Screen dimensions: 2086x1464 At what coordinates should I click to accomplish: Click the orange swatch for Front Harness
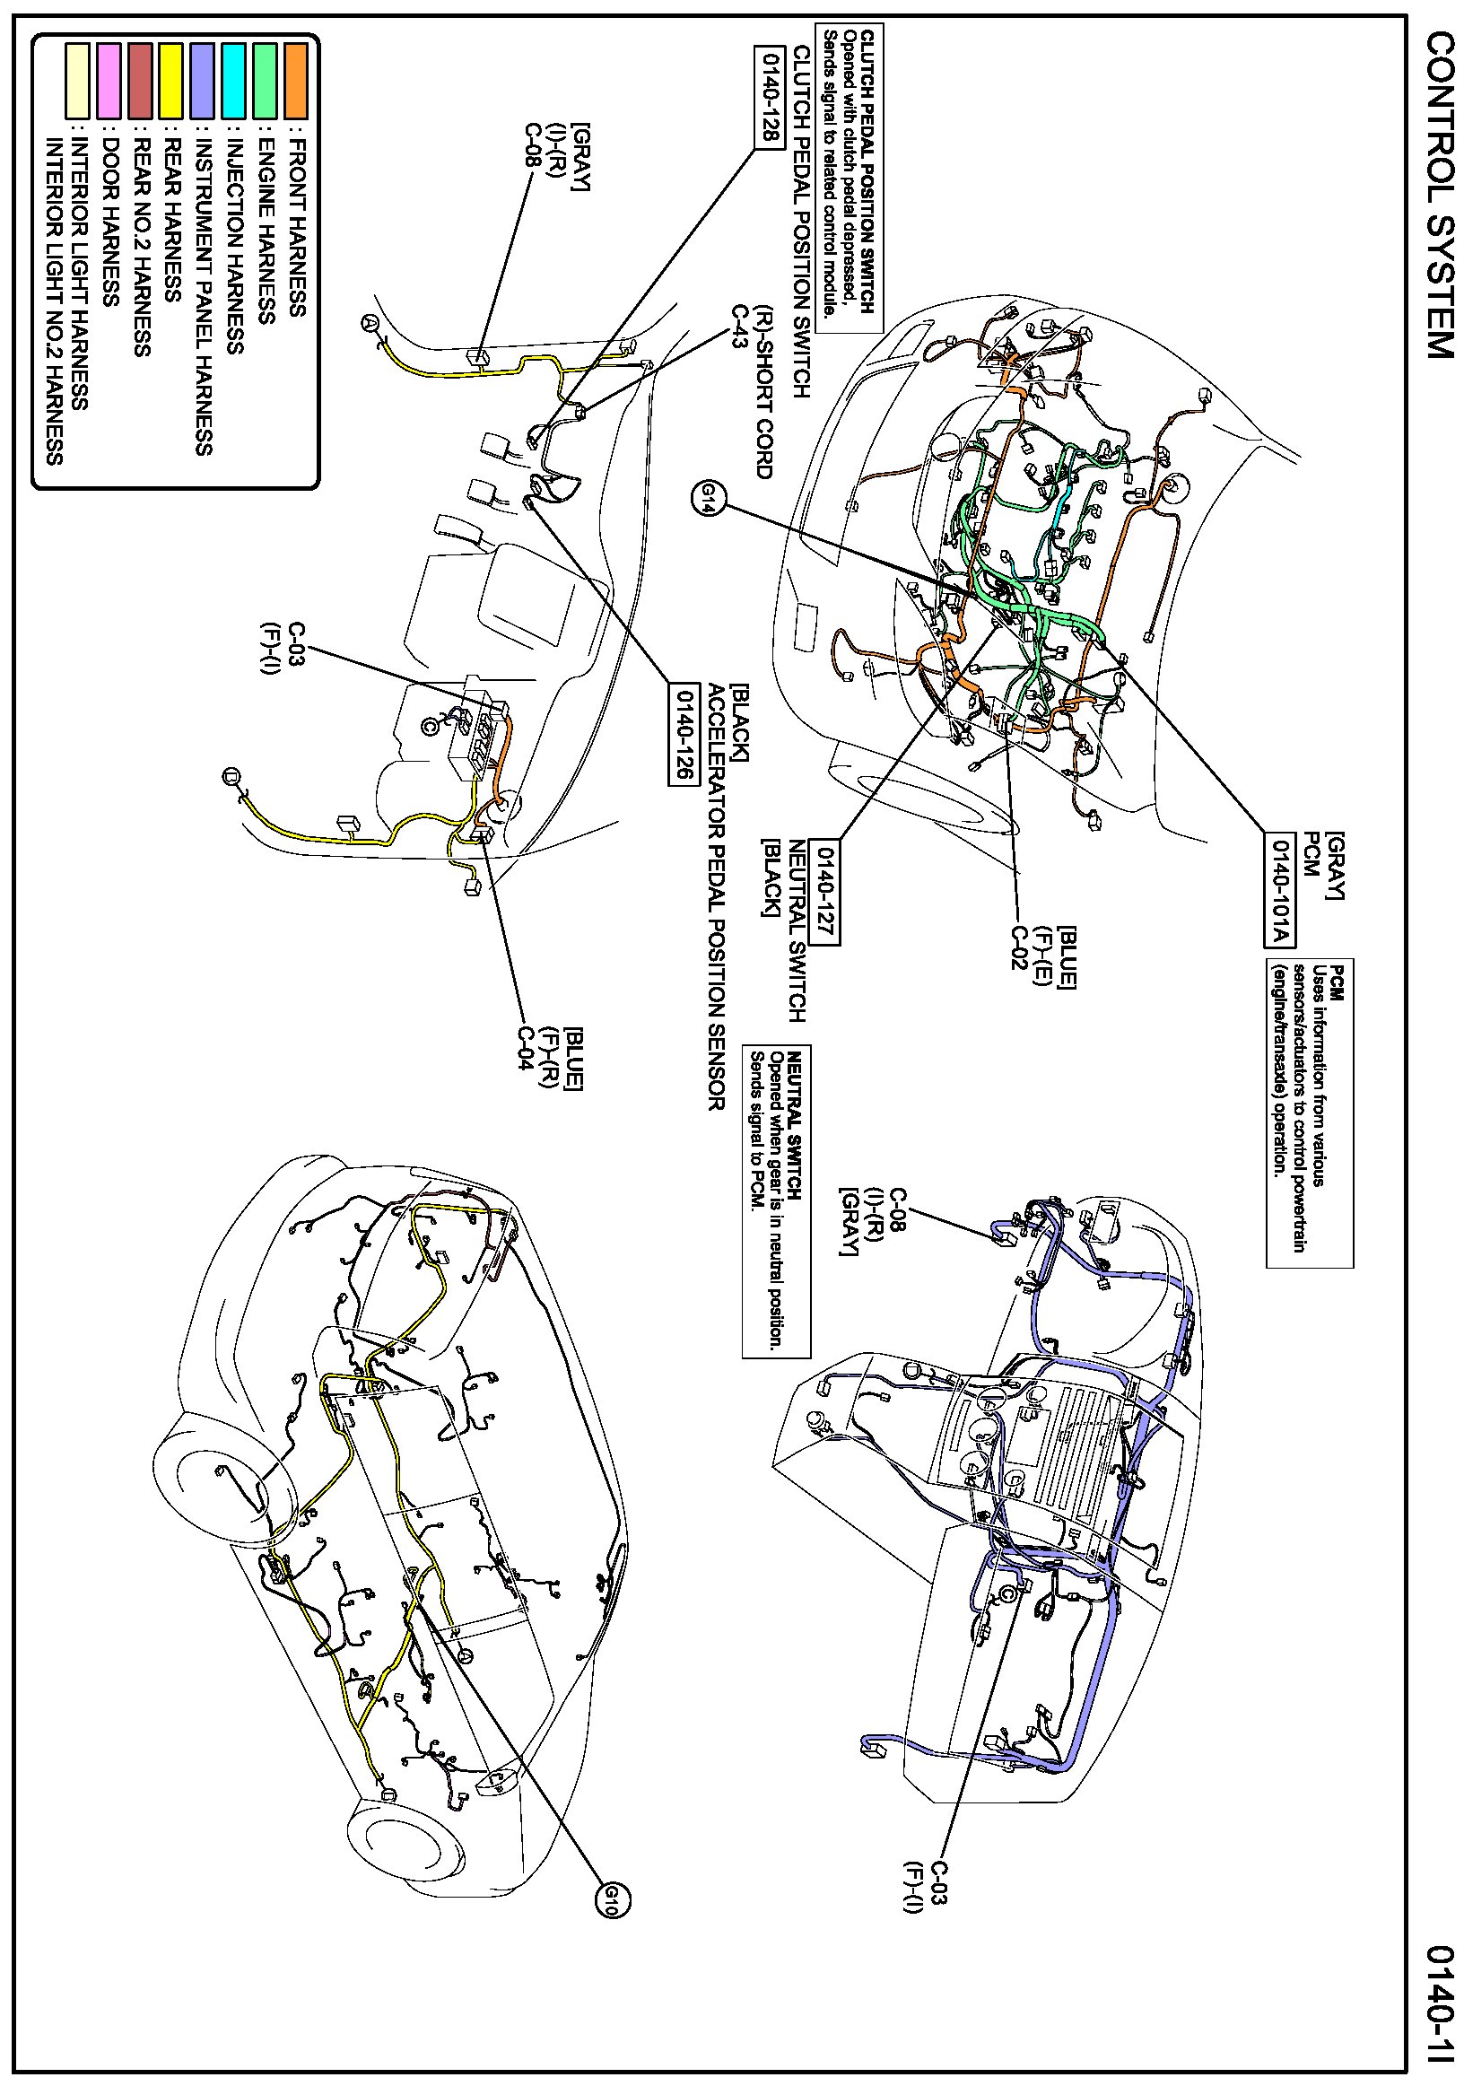click(x=295, y=81)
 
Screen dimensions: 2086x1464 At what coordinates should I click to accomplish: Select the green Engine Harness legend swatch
click(x=265, y=81)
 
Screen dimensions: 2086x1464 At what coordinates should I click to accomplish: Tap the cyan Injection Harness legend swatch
click(x=233, y=81)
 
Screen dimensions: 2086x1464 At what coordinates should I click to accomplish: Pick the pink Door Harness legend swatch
click(x=109, y=81)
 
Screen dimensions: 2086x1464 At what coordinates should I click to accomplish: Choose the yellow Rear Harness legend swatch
click(x=170, y=81)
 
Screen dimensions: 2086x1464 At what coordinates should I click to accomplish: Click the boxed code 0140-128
click(x=768, y=95)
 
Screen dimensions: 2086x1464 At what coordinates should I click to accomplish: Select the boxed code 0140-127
click(x=823, y=891)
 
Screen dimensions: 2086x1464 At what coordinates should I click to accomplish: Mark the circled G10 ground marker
click(x=611, y=1898)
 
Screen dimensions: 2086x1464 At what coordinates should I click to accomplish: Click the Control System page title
click(x=1439, y=195)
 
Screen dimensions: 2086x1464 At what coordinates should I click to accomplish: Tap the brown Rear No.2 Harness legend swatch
click(x=140, y=81)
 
